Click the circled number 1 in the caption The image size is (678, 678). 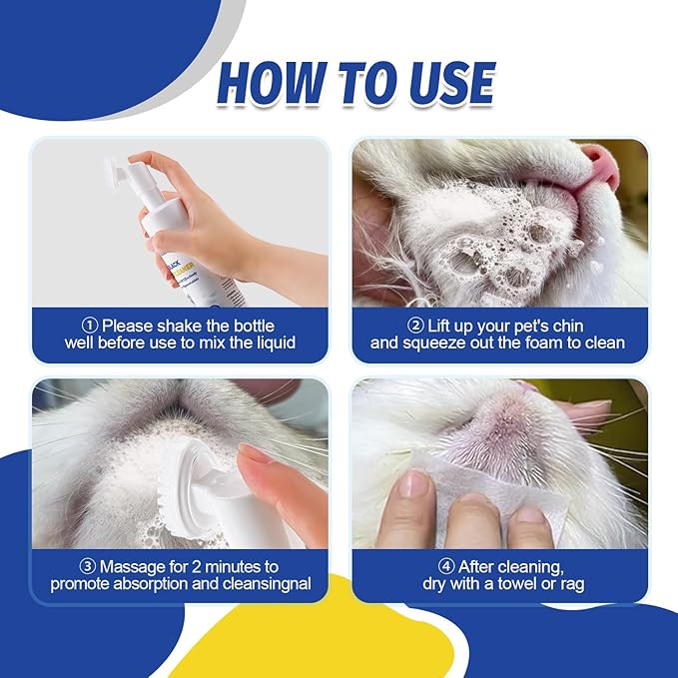tap(91, 326)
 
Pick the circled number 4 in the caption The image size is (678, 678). tap(444, 566)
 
